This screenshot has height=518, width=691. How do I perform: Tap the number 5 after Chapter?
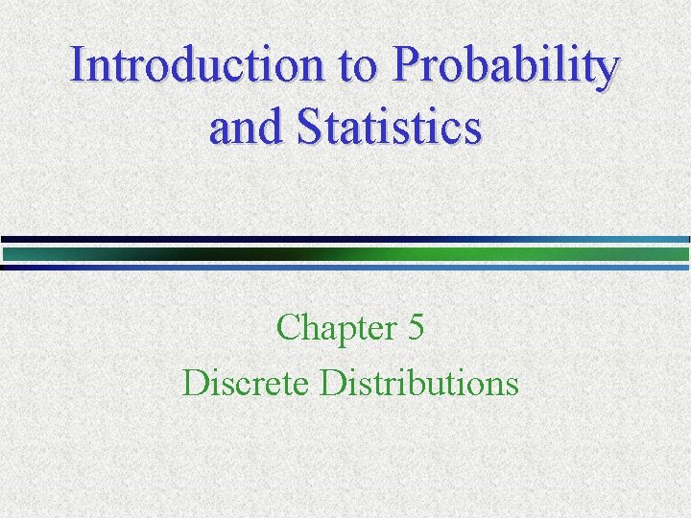coord(416,328)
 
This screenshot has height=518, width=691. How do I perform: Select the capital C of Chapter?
coord(288,328)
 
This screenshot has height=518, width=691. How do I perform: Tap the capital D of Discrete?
coord(194,383)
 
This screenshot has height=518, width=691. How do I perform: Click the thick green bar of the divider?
coord(345,254)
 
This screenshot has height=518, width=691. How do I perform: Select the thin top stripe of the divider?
coord(345,239)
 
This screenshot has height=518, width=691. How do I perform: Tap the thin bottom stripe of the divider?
coord(345,268)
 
